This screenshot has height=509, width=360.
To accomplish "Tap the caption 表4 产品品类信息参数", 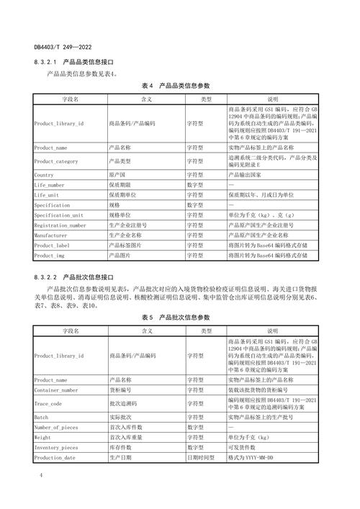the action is pos(180,85).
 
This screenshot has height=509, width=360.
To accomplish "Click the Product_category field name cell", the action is pos(55,161).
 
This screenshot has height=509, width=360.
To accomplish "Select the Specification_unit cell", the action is pos(58,215).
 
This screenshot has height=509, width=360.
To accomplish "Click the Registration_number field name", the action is pos(60,225).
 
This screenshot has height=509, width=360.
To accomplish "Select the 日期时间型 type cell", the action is pos(205,457).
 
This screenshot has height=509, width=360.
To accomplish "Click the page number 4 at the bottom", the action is pos(41,476).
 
